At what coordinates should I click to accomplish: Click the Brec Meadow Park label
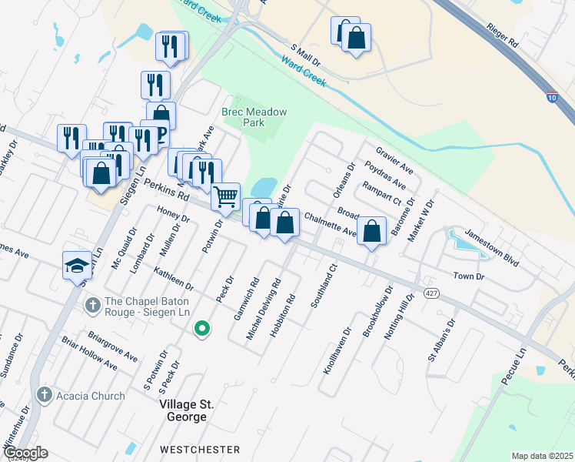[254, 117]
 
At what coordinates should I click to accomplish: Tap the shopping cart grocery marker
[225, 196]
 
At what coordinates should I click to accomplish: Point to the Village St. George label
[183, 410]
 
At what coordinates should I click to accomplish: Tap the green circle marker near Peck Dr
[202, 329]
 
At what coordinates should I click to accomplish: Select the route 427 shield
[432, 293]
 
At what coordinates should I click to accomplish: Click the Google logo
[25, 453]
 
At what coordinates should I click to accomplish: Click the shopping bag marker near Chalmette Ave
[372, 230]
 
